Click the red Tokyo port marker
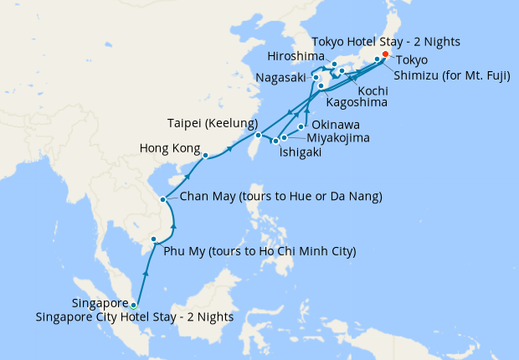(385, 54)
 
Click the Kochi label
(372, 90)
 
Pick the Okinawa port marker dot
(301, 126)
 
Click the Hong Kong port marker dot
(205, 155)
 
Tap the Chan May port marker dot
(162, 199)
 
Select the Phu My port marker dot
(153, 240)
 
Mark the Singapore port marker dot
(133, 305)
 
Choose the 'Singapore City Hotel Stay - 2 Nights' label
(135, 317)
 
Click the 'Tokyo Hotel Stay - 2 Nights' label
(386, 42)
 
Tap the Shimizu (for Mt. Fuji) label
(447, 74)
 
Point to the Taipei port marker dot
(259, 135)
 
